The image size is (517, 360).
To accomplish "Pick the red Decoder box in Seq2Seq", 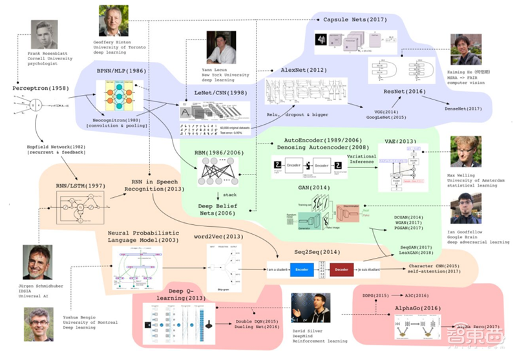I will [344, 268].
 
